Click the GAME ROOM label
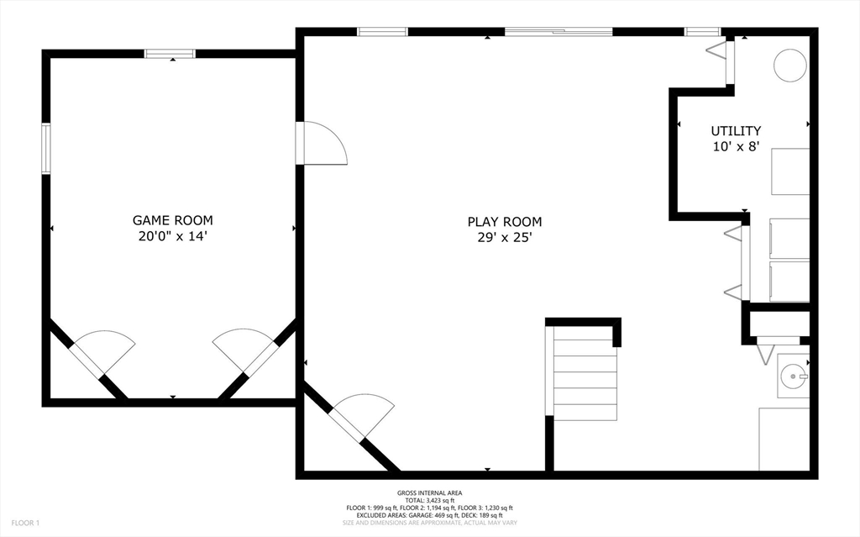[x=173, y=220]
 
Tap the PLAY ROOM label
[x=505, y=222]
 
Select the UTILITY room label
[x=736, y=131]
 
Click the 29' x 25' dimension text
[x=505, y=238]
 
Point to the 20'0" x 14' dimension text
[x=173, y=237]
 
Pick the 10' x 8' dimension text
[x=736, y=146]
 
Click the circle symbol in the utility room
[x=789, y=66]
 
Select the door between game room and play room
[x=321, y=143]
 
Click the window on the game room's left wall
[x=46, y=149]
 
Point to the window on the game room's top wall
[x=170, y=53]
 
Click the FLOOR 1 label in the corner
[x=26, y=523]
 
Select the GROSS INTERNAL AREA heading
[x=429, y=493]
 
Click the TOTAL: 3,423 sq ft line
[x=429, y=501]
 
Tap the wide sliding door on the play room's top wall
[x=558, y=31]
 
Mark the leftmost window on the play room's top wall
[x=382, y=31]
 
